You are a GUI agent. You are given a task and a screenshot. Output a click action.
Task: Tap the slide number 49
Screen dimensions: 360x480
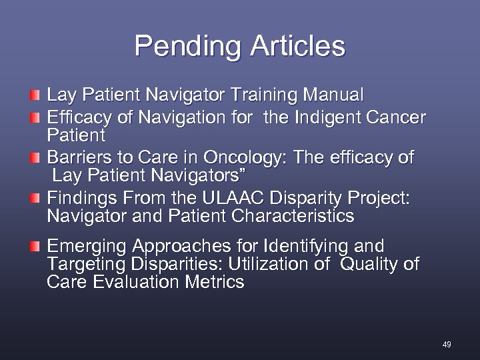point(447,345)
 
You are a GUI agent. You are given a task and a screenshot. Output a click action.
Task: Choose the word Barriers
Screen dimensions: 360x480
point(77,158)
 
